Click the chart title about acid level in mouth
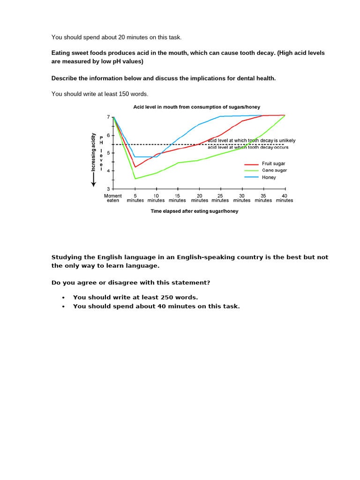[x=196, y=107]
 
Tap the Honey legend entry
[x=269, y=177]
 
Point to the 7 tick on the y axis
[x=108, y=117]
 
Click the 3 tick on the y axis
[x=108, y=189]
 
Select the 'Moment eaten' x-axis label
[x=113, y=198]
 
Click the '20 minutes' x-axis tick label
[x=199, y=198]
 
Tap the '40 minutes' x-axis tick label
[x=285, y=198]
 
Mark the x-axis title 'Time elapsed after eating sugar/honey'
[x=194, y=211]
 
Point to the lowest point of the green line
[x=135, y=179]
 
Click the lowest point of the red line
[x=135, y=167]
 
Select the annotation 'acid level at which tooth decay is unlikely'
[x=251, y=141]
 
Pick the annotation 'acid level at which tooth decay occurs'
[x=248, y=147]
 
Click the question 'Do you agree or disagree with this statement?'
[x=131, y=283]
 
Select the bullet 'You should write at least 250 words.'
[x=135, y=297]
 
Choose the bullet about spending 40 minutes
[x=156, y=306]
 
